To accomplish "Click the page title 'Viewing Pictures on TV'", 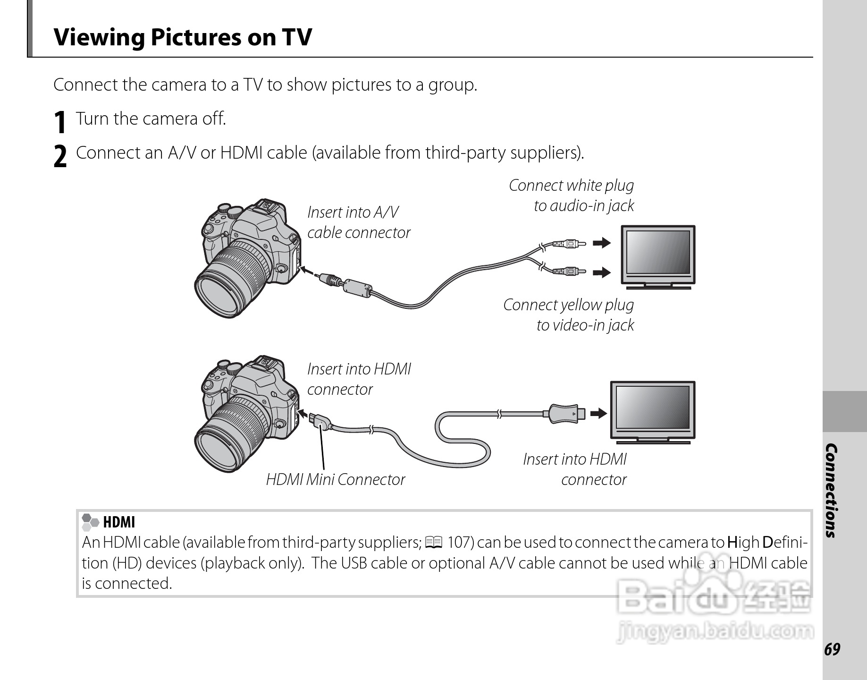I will coord(183,37).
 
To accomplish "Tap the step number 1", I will coord(59,122).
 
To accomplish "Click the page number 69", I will coord(832,650).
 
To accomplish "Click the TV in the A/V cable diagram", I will coord(658,257).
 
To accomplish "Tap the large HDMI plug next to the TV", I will coord(564,414).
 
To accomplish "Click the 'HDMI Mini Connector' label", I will coord(335,480).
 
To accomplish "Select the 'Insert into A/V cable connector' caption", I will coord(358,222).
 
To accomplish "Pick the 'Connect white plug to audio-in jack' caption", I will coord(572,195).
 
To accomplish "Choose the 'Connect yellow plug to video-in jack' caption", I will coord(569,314).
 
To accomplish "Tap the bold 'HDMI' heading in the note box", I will coord(118,522).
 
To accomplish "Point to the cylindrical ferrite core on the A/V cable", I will coord(357,286).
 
